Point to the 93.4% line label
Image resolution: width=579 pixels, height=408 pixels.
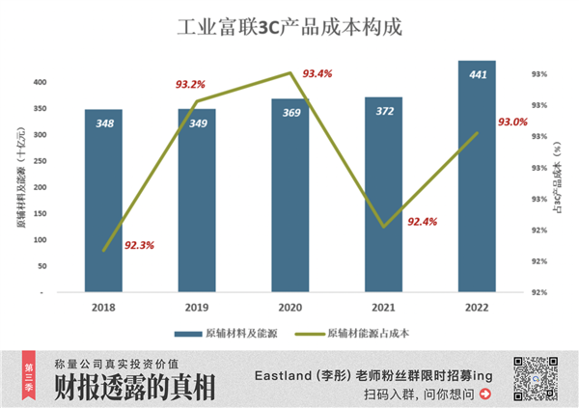[317, 73]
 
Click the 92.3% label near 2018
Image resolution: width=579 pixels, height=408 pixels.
[141, 245]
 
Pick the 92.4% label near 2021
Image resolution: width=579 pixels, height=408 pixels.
[423, 222]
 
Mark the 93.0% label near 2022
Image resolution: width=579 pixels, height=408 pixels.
[512, 122]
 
